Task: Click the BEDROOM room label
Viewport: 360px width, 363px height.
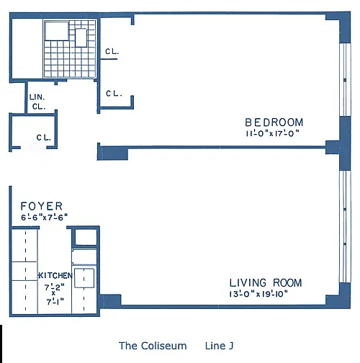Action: (274, 122)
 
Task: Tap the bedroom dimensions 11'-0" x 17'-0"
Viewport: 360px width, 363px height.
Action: (273, 133)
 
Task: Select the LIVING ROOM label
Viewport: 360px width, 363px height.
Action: (266, 283)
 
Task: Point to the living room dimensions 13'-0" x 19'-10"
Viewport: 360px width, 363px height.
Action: (258, 294)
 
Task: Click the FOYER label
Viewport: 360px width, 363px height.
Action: (42, 206)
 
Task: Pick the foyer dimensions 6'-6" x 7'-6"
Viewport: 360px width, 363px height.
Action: (44, 218)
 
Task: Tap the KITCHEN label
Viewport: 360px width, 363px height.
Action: (55, 275)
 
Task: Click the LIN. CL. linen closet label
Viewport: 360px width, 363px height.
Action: (37, 102)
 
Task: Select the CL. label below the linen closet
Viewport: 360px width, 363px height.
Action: (44, 138)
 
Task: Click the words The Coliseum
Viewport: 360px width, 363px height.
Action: (153, 346)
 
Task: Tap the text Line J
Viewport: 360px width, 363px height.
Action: (219, 346)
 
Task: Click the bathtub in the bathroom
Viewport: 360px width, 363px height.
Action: (57, 31)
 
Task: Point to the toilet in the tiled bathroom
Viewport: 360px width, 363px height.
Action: (81, 37)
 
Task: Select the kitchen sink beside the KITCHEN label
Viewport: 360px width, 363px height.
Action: (84, 278)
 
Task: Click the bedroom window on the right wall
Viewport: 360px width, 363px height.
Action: (345, 80)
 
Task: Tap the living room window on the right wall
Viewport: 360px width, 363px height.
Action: (345, 226)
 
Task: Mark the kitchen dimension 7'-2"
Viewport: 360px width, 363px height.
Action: (55, 287)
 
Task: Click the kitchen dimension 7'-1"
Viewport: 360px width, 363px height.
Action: (55, 302)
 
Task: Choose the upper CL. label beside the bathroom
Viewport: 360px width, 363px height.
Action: (112, 51)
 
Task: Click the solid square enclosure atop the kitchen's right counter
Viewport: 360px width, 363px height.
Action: (86, 237)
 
